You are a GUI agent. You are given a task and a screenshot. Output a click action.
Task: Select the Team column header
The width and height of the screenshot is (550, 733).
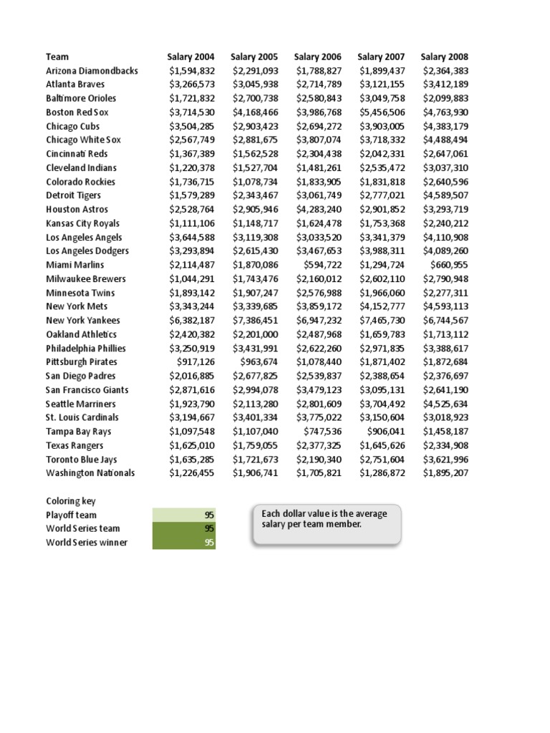(x=57, y=57)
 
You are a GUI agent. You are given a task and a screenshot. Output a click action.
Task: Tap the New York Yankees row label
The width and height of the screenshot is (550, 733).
(x=83, y=321)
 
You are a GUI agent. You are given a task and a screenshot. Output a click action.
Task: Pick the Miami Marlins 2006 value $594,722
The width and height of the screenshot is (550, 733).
(x=322, y=265)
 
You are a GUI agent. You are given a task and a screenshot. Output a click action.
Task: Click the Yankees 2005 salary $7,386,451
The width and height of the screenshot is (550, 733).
(x=255, y=321)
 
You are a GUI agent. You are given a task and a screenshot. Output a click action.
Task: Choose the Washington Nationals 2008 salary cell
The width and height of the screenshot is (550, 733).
(x=445, y=473)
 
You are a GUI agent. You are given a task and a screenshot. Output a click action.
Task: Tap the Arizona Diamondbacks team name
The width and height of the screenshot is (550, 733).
(x=92, y=71)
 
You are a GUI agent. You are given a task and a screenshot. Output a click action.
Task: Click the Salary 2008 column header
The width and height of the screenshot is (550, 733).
(x=444, y=57)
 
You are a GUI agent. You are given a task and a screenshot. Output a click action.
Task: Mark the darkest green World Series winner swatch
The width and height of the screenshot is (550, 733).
(x=184, y=543)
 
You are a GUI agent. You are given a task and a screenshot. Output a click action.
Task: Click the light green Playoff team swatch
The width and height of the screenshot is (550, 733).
(x=184, y=515)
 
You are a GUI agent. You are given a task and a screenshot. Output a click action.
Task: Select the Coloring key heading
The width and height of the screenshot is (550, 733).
(x=70, y=501)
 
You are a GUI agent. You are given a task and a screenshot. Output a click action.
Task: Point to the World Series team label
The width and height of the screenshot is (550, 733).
(x=82, y=529)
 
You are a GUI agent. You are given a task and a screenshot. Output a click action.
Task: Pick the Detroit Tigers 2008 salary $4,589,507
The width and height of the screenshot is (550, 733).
(x=445, y=195)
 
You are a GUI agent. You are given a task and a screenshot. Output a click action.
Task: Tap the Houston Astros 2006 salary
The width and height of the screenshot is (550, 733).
(x=318, y=210)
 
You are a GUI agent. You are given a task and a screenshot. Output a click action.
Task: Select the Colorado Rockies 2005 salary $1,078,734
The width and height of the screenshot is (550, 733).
(x=255, y=182)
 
